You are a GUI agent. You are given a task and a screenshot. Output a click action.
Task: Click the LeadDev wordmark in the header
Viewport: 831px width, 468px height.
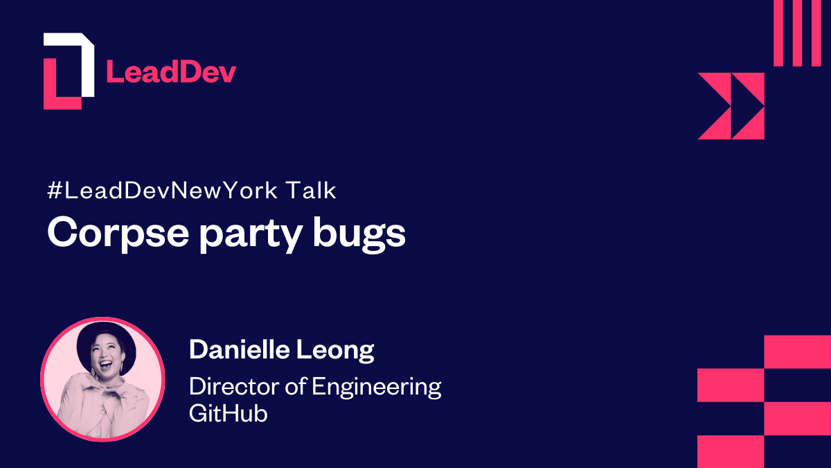(170, 72)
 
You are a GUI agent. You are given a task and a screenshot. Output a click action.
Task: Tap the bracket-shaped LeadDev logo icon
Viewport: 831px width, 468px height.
(68, 71)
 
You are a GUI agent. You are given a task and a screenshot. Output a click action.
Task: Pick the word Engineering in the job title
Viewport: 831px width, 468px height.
(376, 387)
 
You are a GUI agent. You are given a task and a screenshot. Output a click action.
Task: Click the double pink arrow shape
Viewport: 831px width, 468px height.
(731, 106)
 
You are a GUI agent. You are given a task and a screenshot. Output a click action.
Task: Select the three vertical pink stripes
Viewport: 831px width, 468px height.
(797, 33)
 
